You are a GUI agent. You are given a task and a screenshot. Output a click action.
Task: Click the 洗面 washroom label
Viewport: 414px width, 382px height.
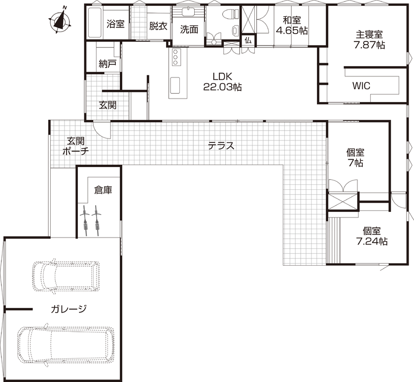189,29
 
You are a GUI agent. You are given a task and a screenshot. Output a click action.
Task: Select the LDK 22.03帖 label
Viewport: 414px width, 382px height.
222,82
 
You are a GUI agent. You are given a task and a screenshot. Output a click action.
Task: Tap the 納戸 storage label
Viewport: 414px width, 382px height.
107,64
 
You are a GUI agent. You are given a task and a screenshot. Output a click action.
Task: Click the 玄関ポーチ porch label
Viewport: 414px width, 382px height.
75,146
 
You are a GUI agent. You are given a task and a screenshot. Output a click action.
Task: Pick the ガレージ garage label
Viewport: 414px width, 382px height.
69,310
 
